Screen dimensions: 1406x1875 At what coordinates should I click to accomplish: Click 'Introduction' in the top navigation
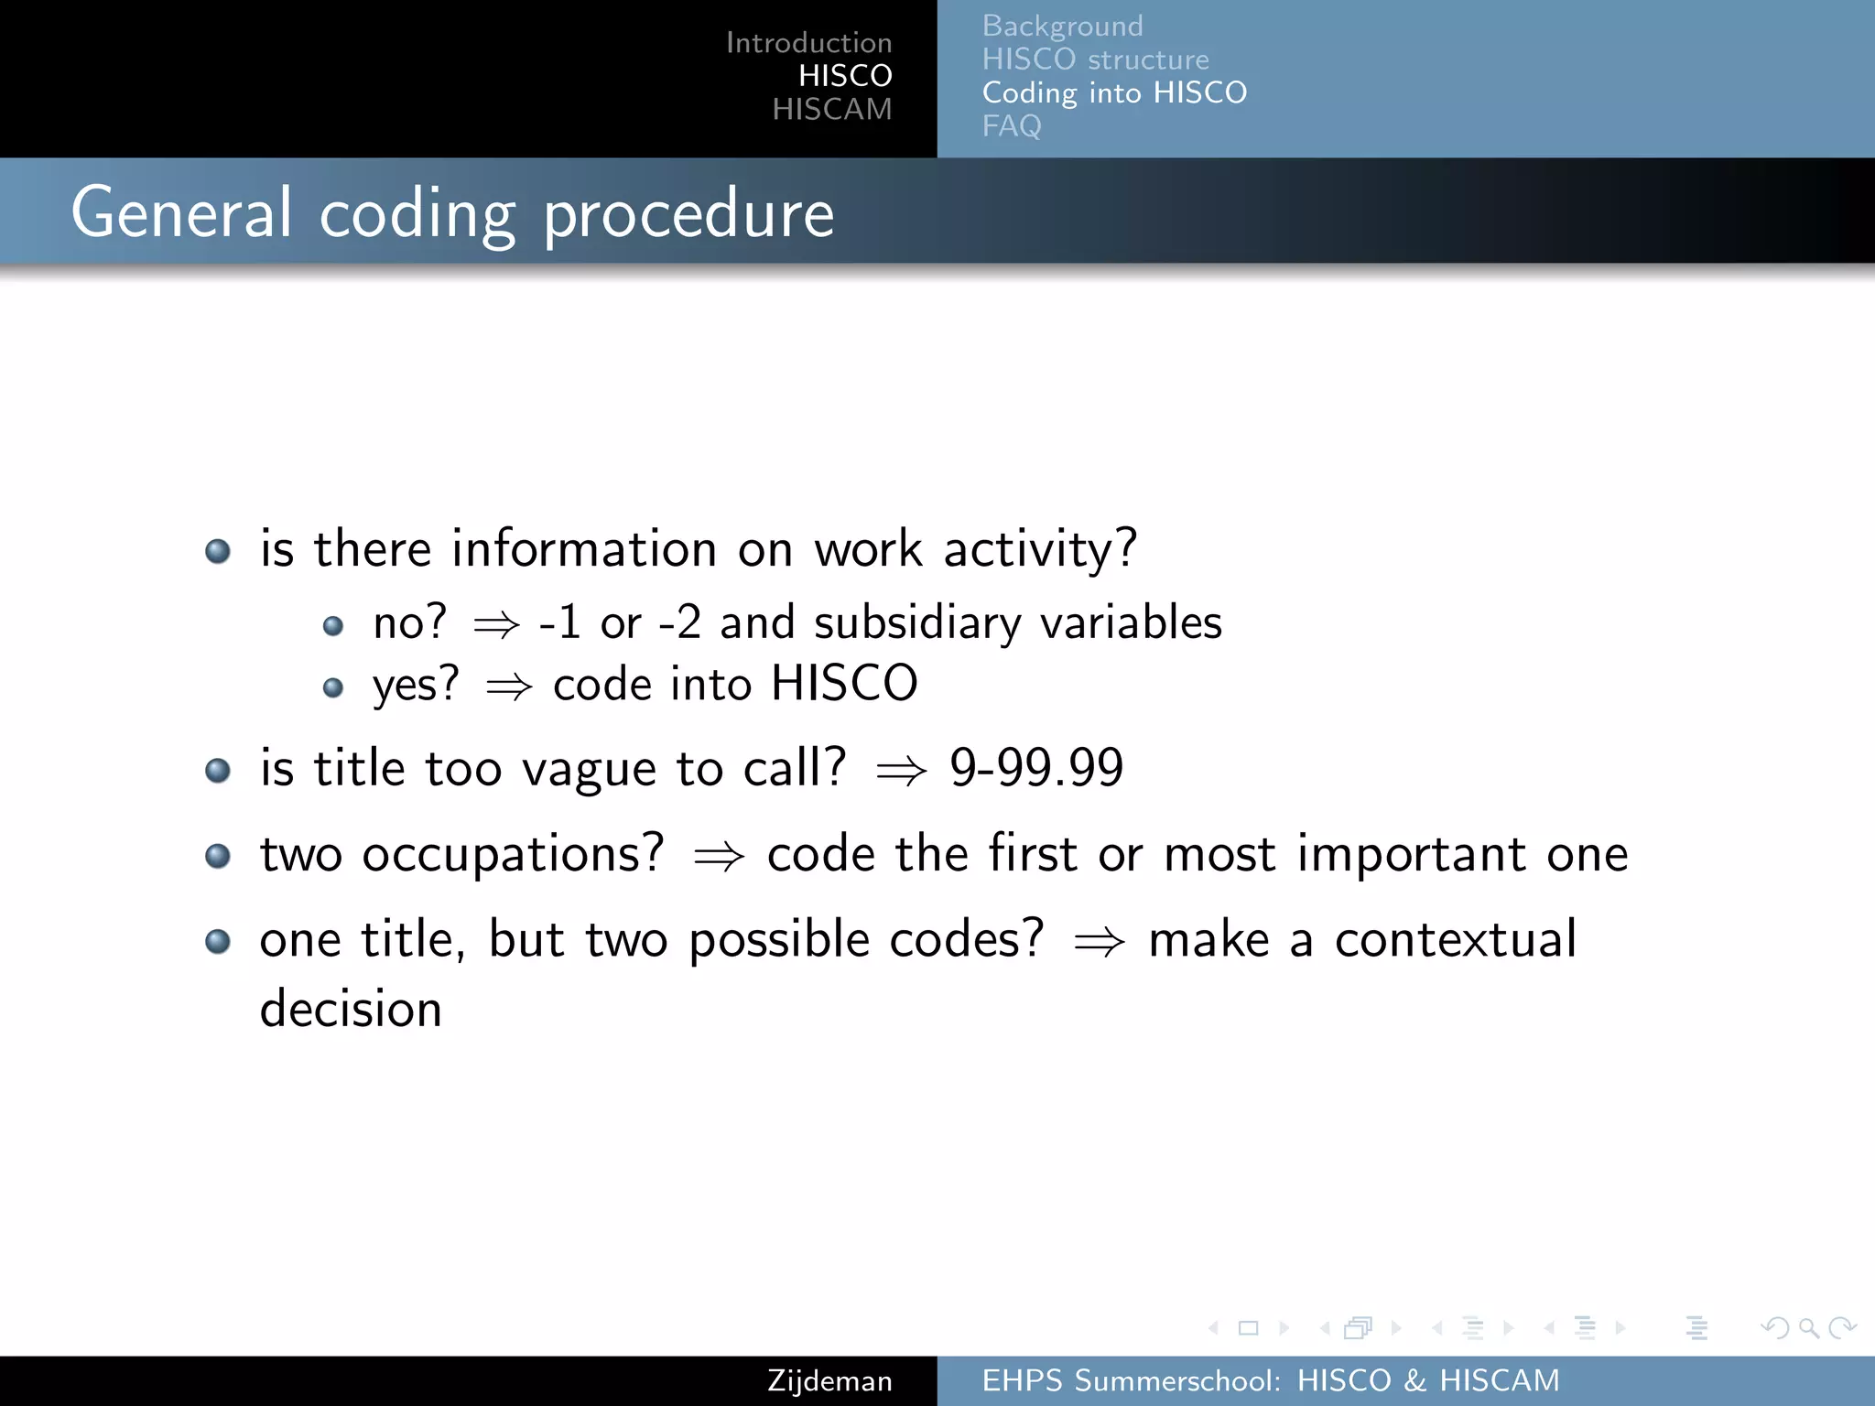point(808,42)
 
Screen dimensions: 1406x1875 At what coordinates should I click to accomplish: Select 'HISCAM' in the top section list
point(831,109)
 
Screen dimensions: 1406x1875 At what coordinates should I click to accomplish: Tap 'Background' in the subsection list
point(1062,26)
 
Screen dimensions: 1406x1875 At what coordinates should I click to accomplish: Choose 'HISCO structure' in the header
point(1095,59)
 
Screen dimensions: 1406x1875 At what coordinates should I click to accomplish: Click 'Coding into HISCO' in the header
point(1114,92)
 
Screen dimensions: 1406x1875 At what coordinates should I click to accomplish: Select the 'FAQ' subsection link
point(1011,125)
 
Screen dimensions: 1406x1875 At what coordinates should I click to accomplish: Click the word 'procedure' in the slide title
point(688,214)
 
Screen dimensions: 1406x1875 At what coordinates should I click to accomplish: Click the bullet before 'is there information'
point(218,551)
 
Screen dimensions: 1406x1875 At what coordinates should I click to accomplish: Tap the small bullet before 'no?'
point(333,626)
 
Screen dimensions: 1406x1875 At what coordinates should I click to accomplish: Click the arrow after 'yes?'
point(508,687)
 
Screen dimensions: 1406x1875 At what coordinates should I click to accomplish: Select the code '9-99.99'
point(1035,767)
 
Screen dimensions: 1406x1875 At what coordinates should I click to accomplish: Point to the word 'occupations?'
point(513,855)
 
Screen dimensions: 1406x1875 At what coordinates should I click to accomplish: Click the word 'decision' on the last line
point(351,1009)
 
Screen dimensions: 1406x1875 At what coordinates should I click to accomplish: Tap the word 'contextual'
point(1455,939)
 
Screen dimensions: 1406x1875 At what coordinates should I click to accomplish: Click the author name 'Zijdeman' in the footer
point(829,1380)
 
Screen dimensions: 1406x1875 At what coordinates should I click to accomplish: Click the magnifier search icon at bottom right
point(1808,1327)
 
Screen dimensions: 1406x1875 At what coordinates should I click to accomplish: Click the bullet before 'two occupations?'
point(218,856)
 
